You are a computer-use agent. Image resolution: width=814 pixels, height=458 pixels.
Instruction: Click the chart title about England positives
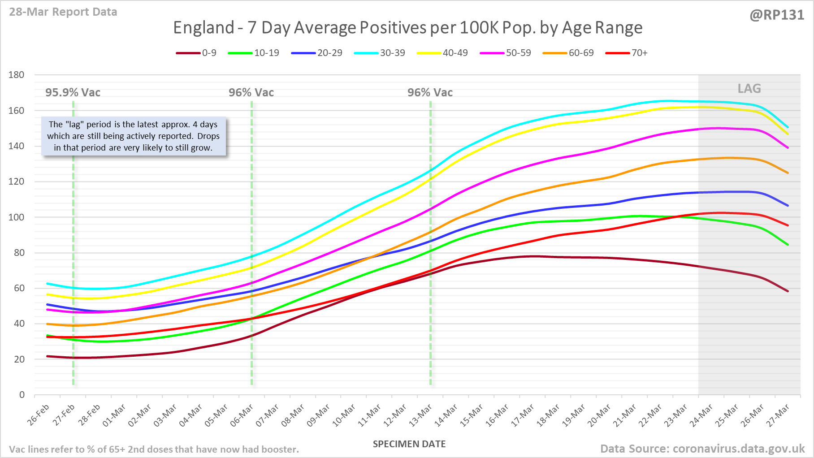pos(407,28)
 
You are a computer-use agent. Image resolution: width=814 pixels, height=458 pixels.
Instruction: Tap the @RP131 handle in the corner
pos(777,15)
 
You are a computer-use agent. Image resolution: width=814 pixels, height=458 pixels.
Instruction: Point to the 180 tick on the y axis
pos(17,75)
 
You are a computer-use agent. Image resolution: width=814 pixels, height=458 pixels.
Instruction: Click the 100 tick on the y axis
pos(17,217)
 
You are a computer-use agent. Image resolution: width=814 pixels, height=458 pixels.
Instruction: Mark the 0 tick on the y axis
pos(22,395)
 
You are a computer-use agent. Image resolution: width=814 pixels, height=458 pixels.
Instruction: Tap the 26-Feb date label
pos(39,415)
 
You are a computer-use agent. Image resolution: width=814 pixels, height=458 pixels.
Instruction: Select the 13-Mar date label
pos(421,415)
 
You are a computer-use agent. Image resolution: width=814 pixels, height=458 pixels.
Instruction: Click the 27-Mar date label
pos(779,415)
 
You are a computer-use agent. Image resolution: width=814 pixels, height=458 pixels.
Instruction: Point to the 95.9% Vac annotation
pos(73,93)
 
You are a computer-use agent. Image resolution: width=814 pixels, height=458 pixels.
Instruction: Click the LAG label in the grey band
pos(749,89)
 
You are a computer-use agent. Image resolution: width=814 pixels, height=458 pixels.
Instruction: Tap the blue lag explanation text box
pos(134,136)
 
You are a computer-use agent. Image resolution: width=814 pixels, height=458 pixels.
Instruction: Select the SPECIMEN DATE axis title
pos(409,444)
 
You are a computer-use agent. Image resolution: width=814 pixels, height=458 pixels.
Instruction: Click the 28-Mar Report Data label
pos(63,12)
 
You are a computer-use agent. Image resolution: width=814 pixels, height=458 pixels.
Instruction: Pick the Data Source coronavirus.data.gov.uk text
pos(702,449)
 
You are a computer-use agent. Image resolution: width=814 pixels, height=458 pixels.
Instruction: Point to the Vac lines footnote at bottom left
pos(154,449)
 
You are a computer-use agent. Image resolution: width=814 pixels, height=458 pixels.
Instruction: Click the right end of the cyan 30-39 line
pos(788,127)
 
